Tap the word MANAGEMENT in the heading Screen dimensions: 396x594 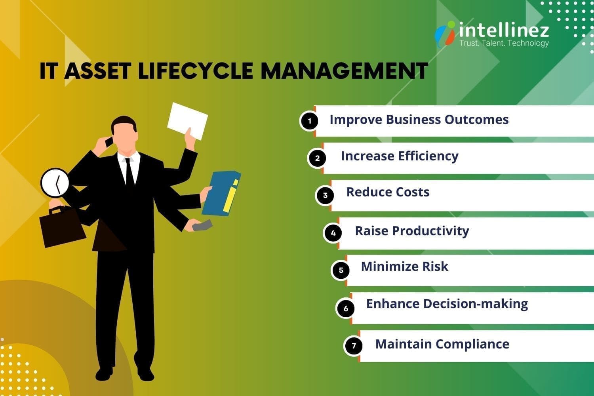(x=344, y=71)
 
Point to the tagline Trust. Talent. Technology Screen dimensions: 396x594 (x=504, y=43)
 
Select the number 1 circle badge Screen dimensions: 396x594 (x=309, y=121)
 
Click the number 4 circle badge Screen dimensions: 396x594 (x=333, y=233)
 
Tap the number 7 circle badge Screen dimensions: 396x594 (x=354, y=346)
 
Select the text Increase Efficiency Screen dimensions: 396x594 (x=400, y=156)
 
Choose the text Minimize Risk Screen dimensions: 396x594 (x=404, y=267)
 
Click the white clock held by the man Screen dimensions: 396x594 (x=55, y=183)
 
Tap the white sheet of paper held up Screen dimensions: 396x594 (x=187, y=120)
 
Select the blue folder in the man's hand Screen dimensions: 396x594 (x=221, y=193)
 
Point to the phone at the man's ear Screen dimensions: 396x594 (x=109, y=141)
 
